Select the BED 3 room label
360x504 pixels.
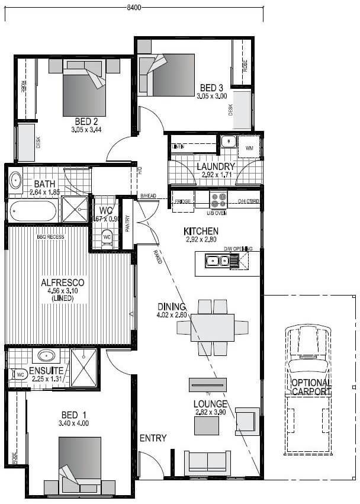click(211, 88)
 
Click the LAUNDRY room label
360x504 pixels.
click(216, 166)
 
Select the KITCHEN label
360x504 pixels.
click(201, 231)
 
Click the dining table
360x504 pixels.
click(213, 328)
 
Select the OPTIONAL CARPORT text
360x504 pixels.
click(311, 386)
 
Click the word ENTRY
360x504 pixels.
click(153, 438)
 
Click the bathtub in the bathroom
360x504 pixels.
click(33, 210)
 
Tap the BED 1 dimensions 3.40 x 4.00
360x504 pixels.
click(74, 423)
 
